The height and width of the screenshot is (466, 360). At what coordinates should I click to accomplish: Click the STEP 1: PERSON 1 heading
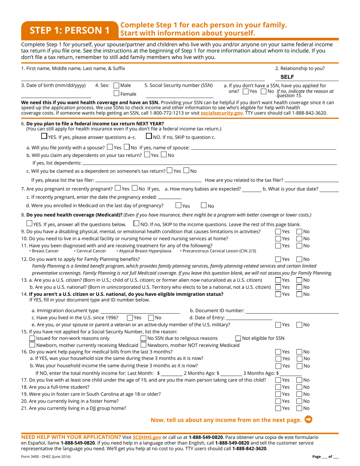pos(69,30)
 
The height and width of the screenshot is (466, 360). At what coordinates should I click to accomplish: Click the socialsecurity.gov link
pos(222,113)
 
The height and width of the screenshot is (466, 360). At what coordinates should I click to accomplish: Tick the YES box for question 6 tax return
pos(44,136)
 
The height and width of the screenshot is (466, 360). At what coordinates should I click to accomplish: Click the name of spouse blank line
pos(263,147)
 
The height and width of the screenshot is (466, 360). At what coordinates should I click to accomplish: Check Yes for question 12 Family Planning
pos(278,259)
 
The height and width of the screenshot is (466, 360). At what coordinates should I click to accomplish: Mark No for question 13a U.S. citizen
pos(299,280)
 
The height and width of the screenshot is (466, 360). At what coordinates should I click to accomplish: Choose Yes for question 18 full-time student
pos(278,387)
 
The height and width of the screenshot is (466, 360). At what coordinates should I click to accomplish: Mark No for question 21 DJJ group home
pos(299,408)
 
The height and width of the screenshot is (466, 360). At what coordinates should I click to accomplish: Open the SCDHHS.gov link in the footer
pos(147,437)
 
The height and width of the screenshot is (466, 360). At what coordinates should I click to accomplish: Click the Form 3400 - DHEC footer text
pos(45,457)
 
